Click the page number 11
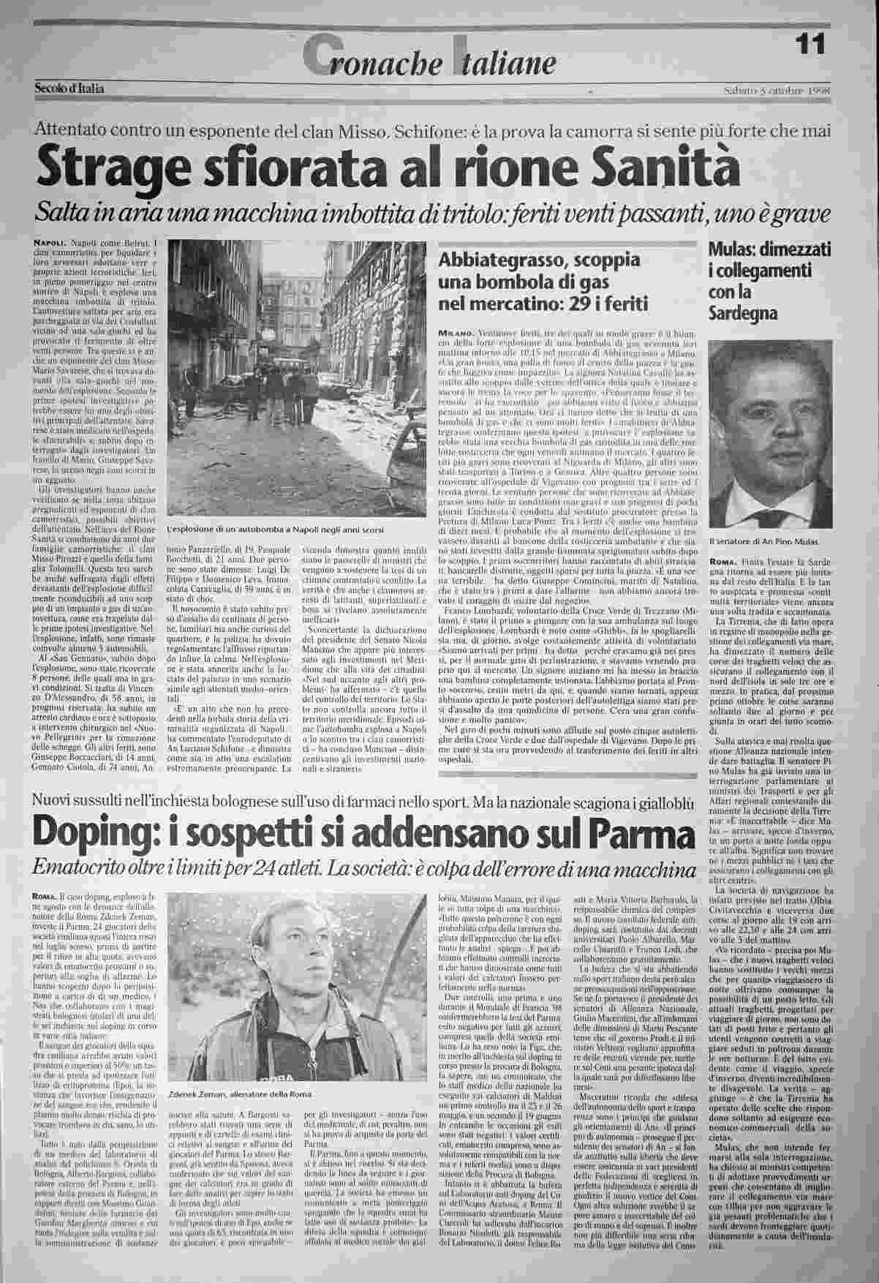coord(810,45)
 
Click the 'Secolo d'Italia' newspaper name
coord(69,89)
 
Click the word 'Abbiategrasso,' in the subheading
coord(494,261)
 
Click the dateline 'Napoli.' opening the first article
coord(50,241)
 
